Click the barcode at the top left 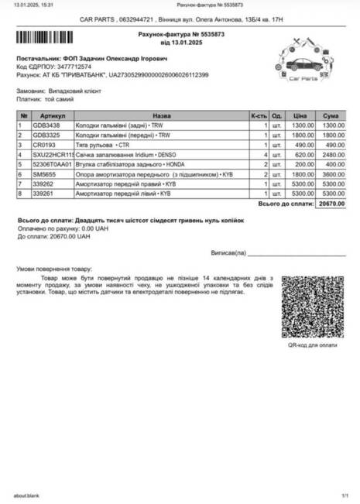click(48, 36)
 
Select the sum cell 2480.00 click(334, 155)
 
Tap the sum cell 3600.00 click(334, 174)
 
